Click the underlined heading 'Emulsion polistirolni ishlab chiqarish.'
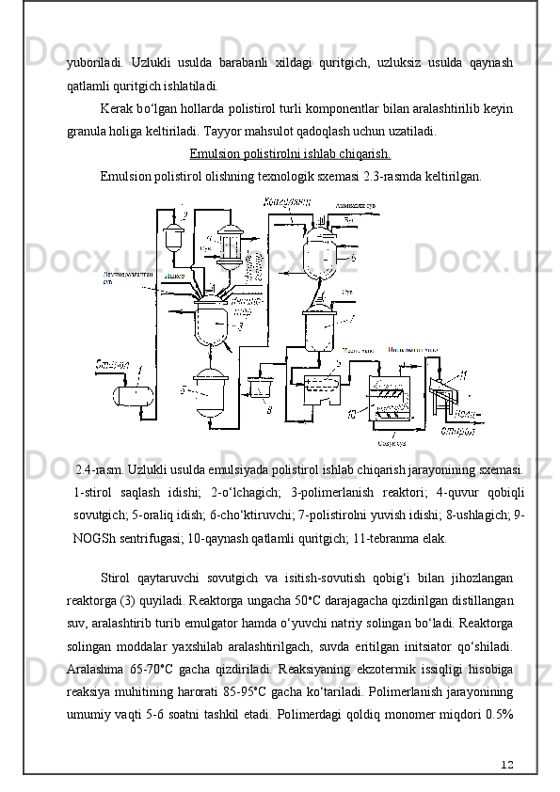[x=290, y=154]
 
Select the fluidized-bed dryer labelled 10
[x=391, y=400]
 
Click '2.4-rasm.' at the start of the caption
[x=99, y=469]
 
